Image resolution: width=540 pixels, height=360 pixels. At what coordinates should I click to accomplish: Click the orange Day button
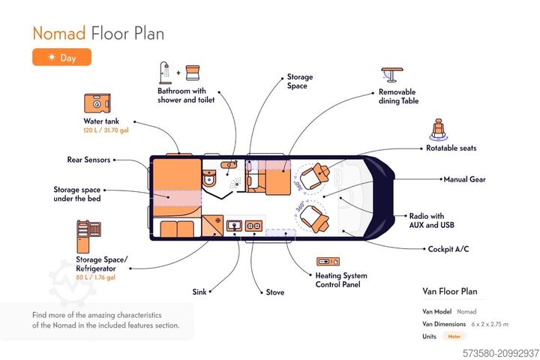[x=61, y=57]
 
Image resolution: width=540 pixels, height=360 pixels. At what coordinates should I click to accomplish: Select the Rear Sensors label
[x=88, y=159]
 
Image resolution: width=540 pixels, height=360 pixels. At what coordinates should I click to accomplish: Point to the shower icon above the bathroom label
[x=166, y=73]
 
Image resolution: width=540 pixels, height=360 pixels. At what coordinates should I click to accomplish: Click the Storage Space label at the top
[x=299, y=81]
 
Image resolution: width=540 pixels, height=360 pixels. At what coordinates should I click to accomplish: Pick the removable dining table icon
[x=391, y=76]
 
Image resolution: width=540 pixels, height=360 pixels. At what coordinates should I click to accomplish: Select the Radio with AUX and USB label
[x=431, y=220]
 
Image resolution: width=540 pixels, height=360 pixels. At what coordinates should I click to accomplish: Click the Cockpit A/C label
[x=448, y=249]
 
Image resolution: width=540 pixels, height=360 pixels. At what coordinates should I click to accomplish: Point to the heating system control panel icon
[x=328, y=261]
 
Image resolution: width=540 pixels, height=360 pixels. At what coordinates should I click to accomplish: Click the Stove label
[x=275, y=292]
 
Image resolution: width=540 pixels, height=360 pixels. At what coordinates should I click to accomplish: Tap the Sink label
[x=199, y=292]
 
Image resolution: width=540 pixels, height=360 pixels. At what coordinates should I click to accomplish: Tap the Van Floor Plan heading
[x=450, y=291]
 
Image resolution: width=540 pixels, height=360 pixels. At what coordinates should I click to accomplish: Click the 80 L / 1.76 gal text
[x=95, y=277]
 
